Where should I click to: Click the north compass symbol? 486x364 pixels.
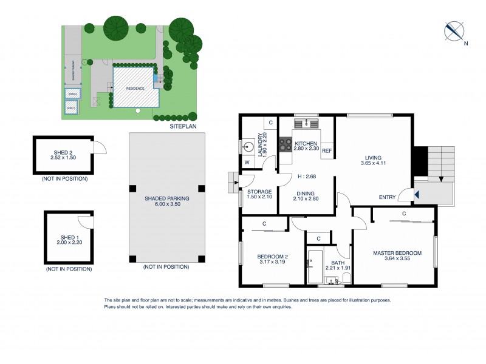(454, 30)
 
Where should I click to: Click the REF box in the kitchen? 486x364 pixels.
(326, 150)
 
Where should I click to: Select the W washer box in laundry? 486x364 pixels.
(247, 162)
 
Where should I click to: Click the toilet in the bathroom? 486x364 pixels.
(346, 278)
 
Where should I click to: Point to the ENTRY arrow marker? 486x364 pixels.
(417, 195)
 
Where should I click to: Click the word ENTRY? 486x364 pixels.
(387, 197)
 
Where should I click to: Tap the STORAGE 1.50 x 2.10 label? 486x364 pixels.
(259, 194)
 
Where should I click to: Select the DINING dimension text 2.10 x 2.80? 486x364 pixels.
(306, 198)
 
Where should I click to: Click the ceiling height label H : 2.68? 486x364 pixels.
(306, 177)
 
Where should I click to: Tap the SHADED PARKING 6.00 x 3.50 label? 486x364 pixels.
(166, 201)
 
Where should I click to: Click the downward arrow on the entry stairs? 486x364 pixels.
(441, 179)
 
